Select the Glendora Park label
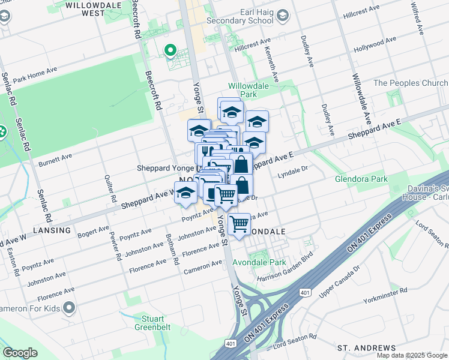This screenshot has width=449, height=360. pos(361,179)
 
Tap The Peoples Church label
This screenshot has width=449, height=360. pos(411,83)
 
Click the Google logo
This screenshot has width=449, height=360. pos(20,353)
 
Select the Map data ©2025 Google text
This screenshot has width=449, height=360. pos(412,355)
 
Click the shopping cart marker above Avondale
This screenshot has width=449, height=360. pos(239,224)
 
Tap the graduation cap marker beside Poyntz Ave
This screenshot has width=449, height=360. pos(185,193)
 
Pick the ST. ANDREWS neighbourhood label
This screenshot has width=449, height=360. pos(366,348)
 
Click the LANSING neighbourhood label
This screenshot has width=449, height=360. pos(52,230)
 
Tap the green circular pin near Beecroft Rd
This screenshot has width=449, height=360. pos(170,50)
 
